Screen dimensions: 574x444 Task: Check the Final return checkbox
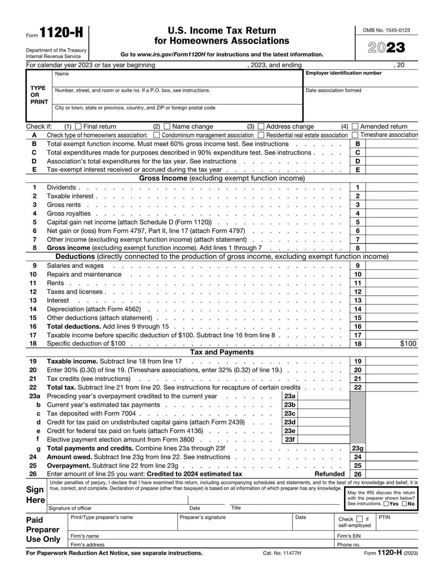point(78,126)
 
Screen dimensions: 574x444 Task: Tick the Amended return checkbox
point(355,126)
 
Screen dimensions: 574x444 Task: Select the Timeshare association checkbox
point(355,135)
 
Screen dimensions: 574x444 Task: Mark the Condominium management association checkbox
point(157,135)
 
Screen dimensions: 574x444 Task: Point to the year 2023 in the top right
point(387,48)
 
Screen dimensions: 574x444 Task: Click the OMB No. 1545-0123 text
point(387,30)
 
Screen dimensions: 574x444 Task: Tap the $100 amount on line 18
point(408,344)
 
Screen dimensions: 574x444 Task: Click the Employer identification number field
point(361,80)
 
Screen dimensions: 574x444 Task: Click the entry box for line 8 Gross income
point(391,248)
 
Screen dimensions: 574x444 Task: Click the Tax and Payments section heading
point(222,352)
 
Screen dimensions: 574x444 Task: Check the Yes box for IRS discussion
point(386,504)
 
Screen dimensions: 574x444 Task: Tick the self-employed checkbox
point(359,519)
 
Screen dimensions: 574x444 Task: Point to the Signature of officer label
point(70,508)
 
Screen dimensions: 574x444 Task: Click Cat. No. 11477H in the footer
point(282,553)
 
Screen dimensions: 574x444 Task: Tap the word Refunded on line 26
point(330,474)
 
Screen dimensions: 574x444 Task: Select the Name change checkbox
point(167,126)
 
